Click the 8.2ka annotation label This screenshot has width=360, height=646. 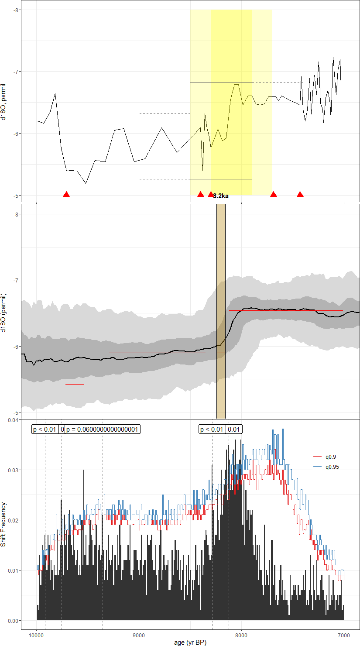pyautogui.click(x=221, y=196)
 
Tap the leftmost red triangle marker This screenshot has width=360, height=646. pyautogui.click(x=66, y=194)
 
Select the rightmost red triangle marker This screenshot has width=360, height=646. pyautogui.click(x=300, y=194)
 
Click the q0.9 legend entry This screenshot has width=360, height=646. pyautogui.click(x=330, y=457)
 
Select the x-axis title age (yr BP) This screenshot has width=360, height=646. pyautogui.click(x=190, y=643)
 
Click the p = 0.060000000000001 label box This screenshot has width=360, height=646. pyautogui.click(x=103, y=430)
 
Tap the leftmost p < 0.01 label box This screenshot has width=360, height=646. pyautogui.click(x=45, y=430)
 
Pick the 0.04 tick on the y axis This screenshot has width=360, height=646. pyautogui.click(x=14, y=420)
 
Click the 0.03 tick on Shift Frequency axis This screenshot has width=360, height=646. pyautogui.click(x=14, y=470)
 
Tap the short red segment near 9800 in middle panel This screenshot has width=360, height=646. pyautogui.click(x=55, y=325)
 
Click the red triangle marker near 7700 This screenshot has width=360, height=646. pyautogui.click(x=274, y=194)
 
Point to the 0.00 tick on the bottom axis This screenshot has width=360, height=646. pyautogui.click(x=14, y=620)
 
